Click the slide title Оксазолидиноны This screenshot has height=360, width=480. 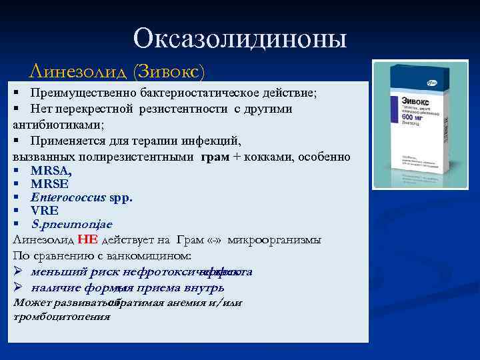tap(240, 39)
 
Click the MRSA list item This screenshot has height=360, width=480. tap(51, 171)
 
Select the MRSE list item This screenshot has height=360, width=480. tap(49, 184)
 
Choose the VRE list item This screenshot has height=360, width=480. tap(44, 211)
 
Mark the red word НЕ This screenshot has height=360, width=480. tap(87, 239)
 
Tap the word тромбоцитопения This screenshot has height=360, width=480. tap(61, 317)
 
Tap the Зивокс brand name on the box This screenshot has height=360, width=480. tap(395, 103)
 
